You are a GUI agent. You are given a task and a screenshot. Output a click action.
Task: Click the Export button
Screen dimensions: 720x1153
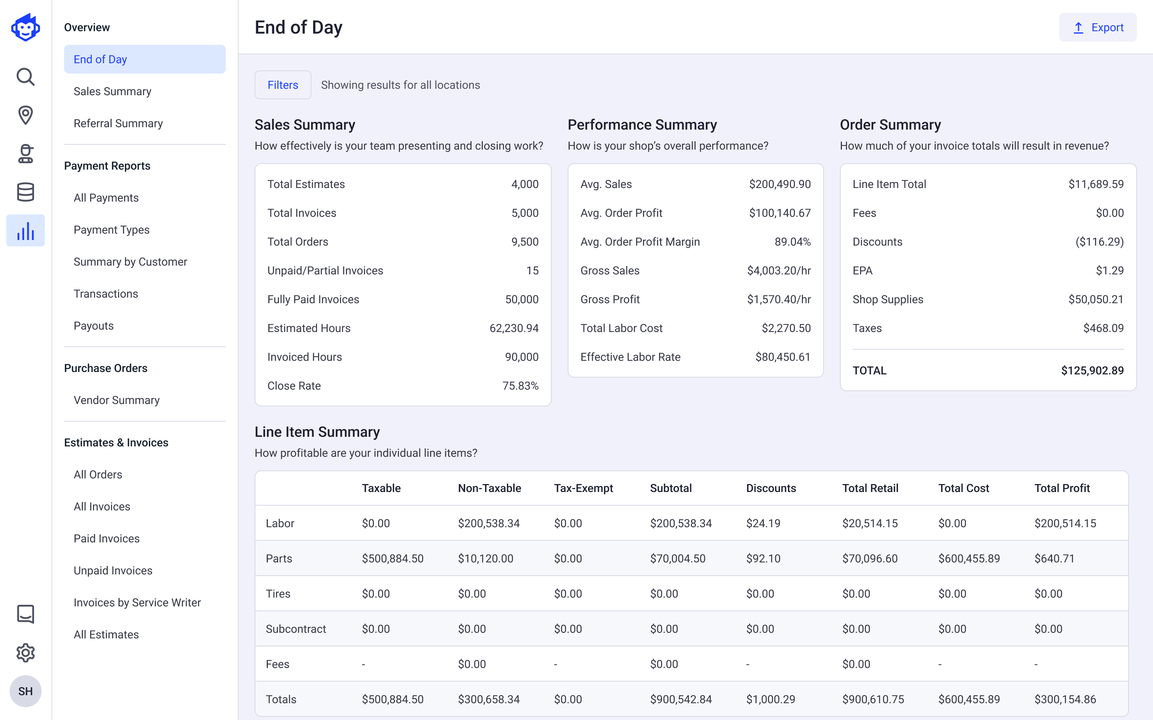click(x=1097, y=28)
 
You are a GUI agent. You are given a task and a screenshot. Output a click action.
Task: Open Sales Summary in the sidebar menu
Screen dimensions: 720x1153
click(x=112, y=92)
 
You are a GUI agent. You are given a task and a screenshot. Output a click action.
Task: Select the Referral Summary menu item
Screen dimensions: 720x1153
click(x=118, y=123)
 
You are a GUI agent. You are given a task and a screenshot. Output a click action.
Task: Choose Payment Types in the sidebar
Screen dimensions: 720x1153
click(x=111, y=230)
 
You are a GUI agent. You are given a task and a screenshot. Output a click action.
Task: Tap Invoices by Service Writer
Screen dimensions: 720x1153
click(x=137, y=603)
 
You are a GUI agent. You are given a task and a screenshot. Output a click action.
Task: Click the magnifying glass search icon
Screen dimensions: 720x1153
click(x=25, y=77)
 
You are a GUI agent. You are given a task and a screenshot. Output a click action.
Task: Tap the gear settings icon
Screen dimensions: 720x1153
click(x=25, y=653)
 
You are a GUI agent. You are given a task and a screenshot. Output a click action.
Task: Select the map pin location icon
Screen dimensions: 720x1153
click(x=25, y=115)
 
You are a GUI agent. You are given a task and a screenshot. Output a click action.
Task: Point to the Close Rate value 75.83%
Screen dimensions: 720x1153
click(x=520, y=386)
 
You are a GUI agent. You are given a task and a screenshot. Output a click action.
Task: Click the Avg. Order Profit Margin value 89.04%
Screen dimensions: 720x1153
click(x=792, y=242)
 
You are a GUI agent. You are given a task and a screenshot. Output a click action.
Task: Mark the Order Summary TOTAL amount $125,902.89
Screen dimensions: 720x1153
click(x=1092, y=370)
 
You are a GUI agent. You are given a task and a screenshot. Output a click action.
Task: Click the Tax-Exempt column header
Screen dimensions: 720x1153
click(x=583, y=488)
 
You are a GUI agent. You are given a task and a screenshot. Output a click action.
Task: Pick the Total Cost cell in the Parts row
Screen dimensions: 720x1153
click(x=968, y=558)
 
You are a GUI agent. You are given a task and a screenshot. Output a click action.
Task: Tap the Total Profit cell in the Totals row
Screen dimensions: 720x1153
click(x=1065, y=700)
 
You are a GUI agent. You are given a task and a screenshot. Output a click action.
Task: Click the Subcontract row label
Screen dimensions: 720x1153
click(x=296, y=629)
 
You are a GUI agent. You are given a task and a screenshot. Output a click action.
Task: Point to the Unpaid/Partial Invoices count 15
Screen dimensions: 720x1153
click(x=532, y=270)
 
